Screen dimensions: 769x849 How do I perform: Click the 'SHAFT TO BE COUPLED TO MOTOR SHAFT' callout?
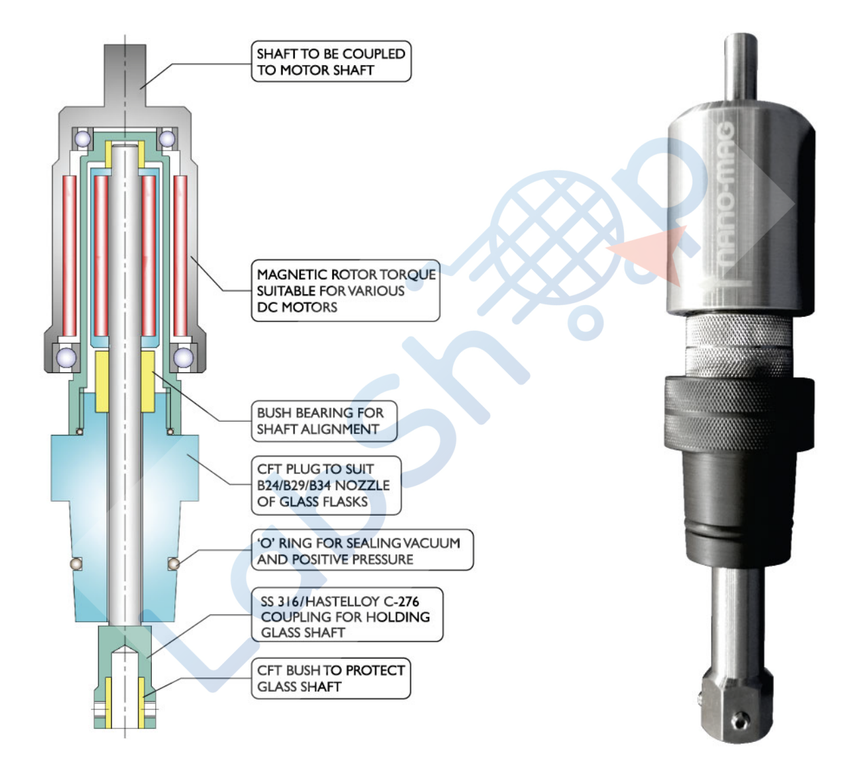pyautogui.click(x=331, y=62)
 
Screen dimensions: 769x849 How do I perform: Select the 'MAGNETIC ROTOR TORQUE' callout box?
pyautogui.click(x=345, y=291)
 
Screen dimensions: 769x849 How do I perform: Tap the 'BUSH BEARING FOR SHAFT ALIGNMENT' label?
pyautogui.click(x=323, y=421)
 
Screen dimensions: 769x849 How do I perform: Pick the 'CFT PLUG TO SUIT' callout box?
pyautogui.click(x=325, y=486)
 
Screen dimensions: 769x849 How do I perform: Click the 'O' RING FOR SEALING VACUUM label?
pyautogui.click(x=361, y=551)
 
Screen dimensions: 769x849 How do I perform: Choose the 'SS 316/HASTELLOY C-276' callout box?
pyautogui.click(x=347, y=616)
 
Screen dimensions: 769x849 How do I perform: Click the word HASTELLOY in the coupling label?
pyautogui.click(x=342, y=602)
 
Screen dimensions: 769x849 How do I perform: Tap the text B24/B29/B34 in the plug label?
pyautogui.click(x=294, y=486)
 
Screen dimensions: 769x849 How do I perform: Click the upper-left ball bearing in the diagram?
pyautogui.click(x=83, y=139)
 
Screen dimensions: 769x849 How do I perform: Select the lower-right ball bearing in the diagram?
pyautogui.click(x=183, y=357)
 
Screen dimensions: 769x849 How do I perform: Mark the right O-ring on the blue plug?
pyautogui.click(x=174, y=564)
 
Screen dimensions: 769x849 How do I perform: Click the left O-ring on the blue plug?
pyautogui.click(x=77, y=564)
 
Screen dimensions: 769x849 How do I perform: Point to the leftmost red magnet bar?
pyautogui.click(x=69, y=256)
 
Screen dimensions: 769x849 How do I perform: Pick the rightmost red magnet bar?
pyautogui.click(x=180, y=256)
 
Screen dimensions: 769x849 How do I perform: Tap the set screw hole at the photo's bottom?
pyautogui.click(x=741, y=717)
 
